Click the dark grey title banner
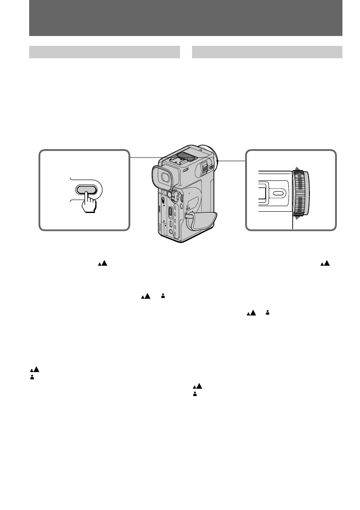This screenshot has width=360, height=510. [186, 18]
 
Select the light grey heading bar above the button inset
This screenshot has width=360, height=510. [104, 52]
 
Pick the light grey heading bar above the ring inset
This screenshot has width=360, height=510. [267, 52]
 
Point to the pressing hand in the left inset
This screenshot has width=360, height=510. [89, 202]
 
